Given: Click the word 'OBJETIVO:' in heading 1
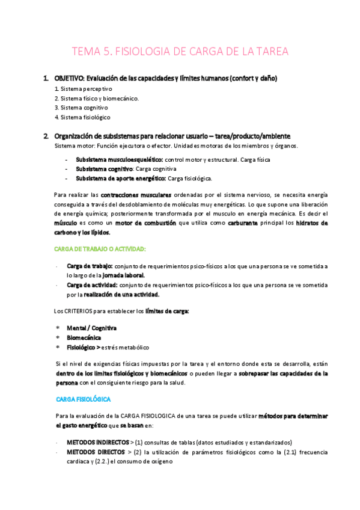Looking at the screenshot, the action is (x=70, y=78).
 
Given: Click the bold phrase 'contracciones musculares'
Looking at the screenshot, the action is (x=136, y=195).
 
